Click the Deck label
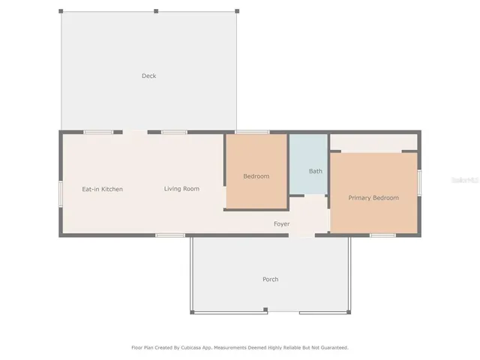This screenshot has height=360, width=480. click(x=148, y=76)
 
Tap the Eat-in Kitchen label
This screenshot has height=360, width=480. click(x=102, y=189)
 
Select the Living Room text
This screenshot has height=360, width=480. click(x=181, y=189)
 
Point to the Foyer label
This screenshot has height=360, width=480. click(x=281, y=224)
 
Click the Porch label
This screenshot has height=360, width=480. click(x=270, y=280)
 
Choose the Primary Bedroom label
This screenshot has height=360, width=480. click(x=373, y=198)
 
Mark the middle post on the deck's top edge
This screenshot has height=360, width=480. click(x=156, y=11)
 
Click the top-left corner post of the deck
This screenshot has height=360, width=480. click(x=61, y=11)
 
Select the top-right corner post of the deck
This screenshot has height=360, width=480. click(x=237, y=11)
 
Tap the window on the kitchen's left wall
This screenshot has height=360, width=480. click(x=61, y=193)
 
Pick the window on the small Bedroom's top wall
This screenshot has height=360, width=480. click(x=252, y=132)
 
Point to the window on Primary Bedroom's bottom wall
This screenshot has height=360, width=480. click(x=382, y=235)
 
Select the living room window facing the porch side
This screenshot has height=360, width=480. click(x=170, y=235)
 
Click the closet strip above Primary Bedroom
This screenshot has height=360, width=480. click(x=373, y=142)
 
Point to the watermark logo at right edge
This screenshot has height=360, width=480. click(x=467, y=180)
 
